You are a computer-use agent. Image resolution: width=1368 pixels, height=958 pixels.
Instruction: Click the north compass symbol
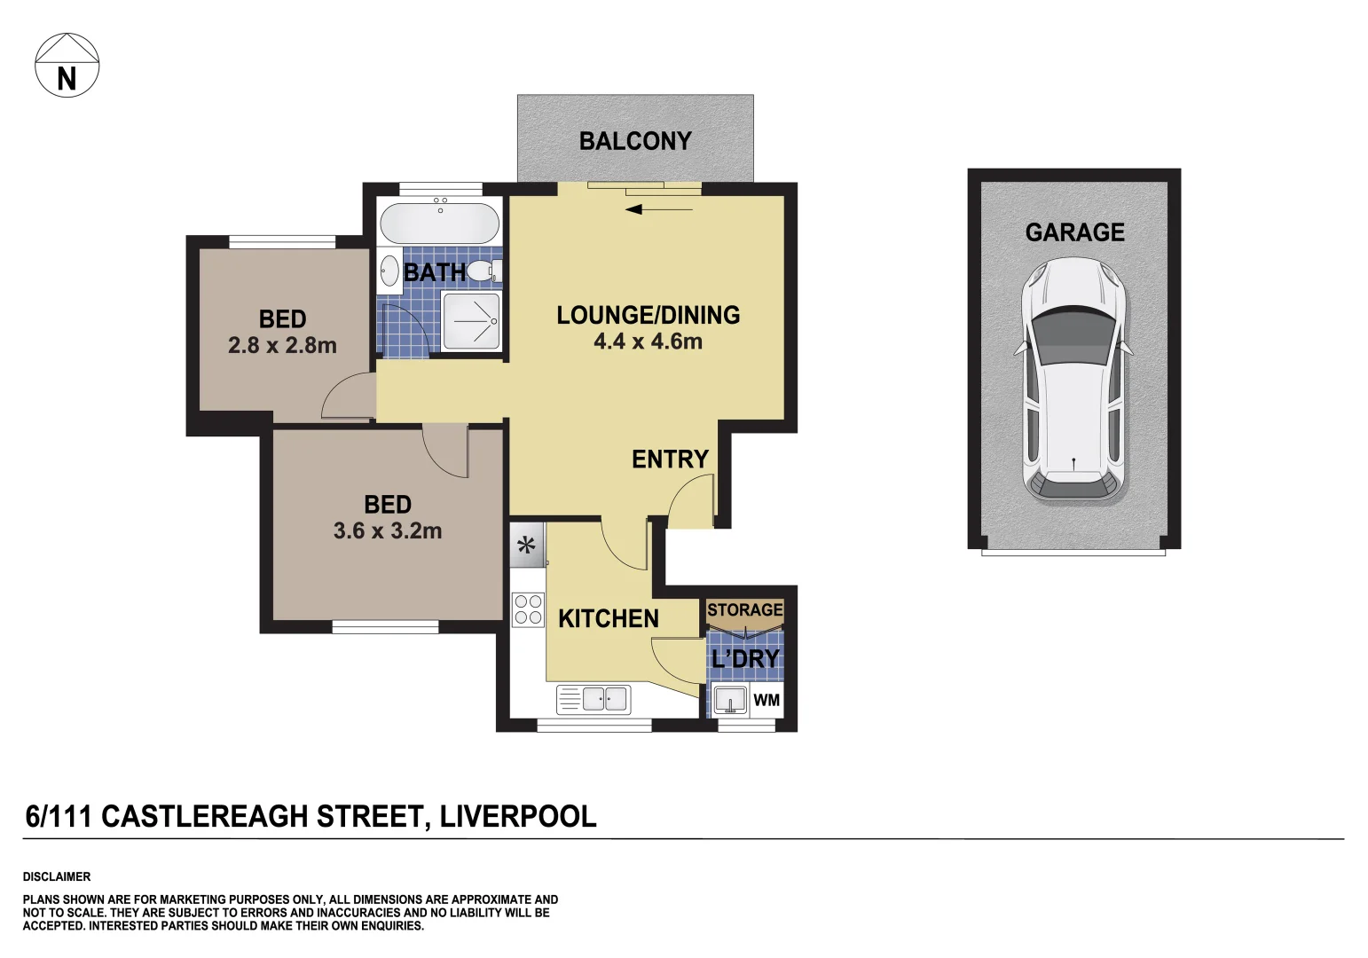pyautogui.click(x=67, y=66)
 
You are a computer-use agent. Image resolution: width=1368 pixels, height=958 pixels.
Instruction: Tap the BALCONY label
pyautogui.click(x=634, y=141)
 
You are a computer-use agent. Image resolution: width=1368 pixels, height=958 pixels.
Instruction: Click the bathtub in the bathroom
pyautogui.click(x=439, y=223)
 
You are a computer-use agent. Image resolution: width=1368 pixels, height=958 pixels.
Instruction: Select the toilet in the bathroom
pyautogui.click(x=484, y=271)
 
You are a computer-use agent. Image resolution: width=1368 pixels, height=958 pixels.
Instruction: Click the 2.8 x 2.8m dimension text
pyautogui.click(x=282, y=346)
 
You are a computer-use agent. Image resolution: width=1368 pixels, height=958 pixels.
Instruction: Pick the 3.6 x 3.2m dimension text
pyautogui.click(x=387, y=531)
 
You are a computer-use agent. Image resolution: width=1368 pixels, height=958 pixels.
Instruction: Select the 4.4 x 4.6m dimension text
pyautogui.click(x=648, y=342)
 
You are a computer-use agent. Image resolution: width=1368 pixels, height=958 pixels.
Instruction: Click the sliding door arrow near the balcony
pyautogui.click(x=658, y=210)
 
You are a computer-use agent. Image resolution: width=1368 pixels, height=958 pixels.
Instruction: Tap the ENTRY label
pyautogui.click(x=670, y=459)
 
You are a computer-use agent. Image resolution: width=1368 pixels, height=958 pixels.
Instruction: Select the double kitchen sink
pyautogui.click(x=605, y=699)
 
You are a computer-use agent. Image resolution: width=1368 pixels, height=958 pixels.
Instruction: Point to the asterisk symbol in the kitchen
pyautogui.click(x=527, y=546)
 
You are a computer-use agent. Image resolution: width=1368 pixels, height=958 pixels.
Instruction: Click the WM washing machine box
pyautogui.click(x=767, y=701)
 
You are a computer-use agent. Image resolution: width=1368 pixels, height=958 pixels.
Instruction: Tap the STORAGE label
pyautogui.click(x=744, y=610)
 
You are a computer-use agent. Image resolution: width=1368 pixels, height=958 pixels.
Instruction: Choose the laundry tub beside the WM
pyautogui.click(x=730, y=700)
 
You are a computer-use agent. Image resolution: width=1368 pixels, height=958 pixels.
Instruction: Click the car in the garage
pyautogui.click(x=1073, y=380)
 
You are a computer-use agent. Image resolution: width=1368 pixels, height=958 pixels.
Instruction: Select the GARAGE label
pyautogui.click(x=1074, y=232)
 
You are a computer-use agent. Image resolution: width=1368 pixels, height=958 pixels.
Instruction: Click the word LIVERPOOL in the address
pyautogui.click(x=517, y=816)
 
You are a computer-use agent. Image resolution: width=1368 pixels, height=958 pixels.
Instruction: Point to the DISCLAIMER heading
pyautogui.click(x=57, y=876)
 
